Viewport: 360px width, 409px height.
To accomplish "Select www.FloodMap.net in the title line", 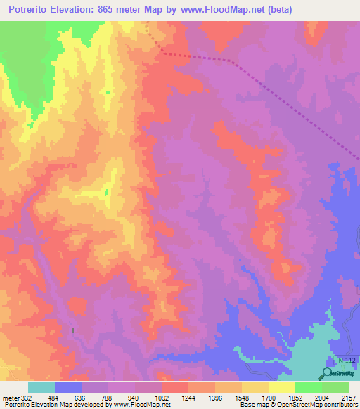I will (x=211, y=9).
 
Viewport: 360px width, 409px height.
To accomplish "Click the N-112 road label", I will (x=347, y=360).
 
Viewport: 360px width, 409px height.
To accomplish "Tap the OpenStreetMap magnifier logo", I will (x=328, y=372).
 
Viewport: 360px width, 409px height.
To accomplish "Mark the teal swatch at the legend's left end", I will (x=41, y=388).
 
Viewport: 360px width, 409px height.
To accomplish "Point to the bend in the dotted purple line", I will (x=231, y=60).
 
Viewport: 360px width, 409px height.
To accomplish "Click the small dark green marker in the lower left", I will (x=72, y=330).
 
